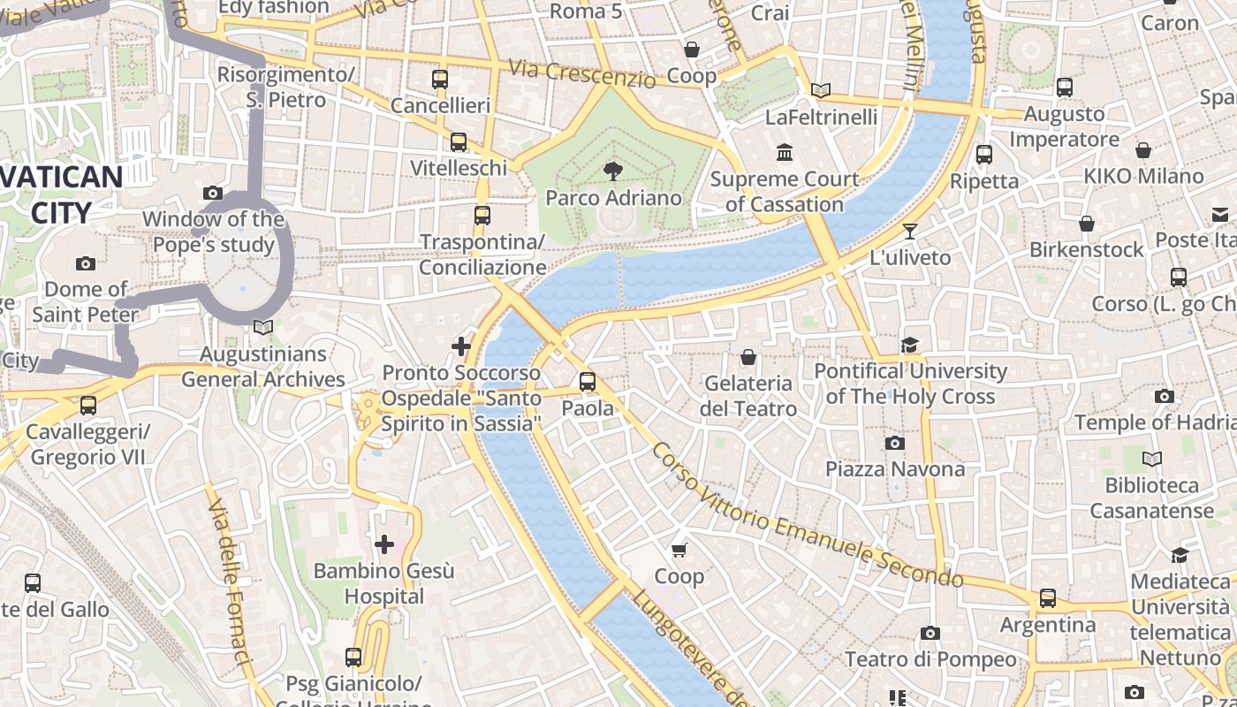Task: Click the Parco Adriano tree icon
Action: point(611,171)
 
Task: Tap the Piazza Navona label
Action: point(895,468)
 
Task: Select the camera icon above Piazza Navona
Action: point(895,443)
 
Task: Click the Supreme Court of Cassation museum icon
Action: point(784,153)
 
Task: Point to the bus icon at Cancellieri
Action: point(440,80)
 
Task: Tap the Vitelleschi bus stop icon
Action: point(459,142)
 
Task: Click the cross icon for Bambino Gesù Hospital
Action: point(384,544)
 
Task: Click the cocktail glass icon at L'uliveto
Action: point(910,232)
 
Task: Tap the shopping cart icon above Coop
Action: point(679,551)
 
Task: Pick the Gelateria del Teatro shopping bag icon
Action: point(748,357)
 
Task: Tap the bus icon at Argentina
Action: point(1048,598)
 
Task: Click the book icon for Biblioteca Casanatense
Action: point(1151,459)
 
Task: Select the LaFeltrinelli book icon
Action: point(821,90)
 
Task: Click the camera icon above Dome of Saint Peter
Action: point(86,263)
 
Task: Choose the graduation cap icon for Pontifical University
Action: point(910,346)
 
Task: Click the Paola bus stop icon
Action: point(588,382)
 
